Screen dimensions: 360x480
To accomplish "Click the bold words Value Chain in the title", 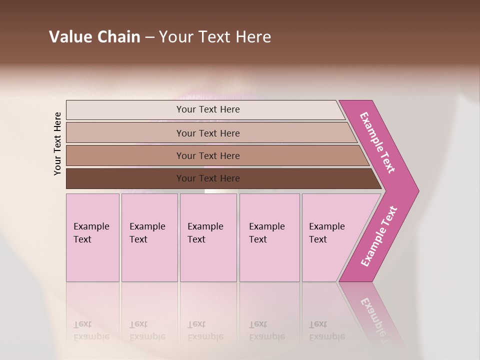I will pyautogui.click(x=94, y=37).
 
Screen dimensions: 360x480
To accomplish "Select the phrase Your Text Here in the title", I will pyautogui.click(x=215, y=37).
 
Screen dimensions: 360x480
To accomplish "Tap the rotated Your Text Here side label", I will pyautogui.click(x=58, y=143).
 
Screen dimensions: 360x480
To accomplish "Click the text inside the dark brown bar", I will pyautogui.click(x=208, y=178).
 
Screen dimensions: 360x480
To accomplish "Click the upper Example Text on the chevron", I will pyautogui.click(x=377, y=142).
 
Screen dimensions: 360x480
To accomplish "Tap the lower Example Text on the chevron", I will pyautogui.click(x=379, y=236).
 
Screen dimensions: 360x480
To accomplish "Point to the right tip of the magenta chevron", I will pyautogui.click(x=417, y=191).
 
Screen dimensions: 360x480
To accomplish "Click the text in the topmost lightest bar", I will pyautogui.click(x=208, y=109).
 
